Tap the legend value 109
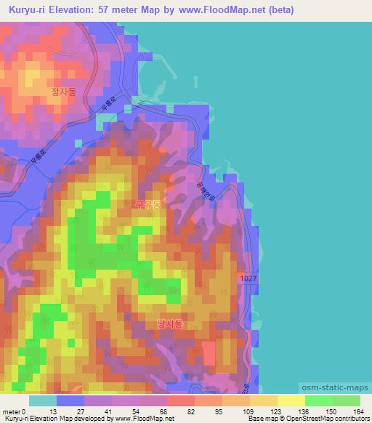(249, 411)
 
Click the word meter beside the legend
(12, 411)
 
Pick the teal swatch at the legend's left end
(43, 400)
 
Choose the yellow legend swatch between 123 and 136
(291, 400)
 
